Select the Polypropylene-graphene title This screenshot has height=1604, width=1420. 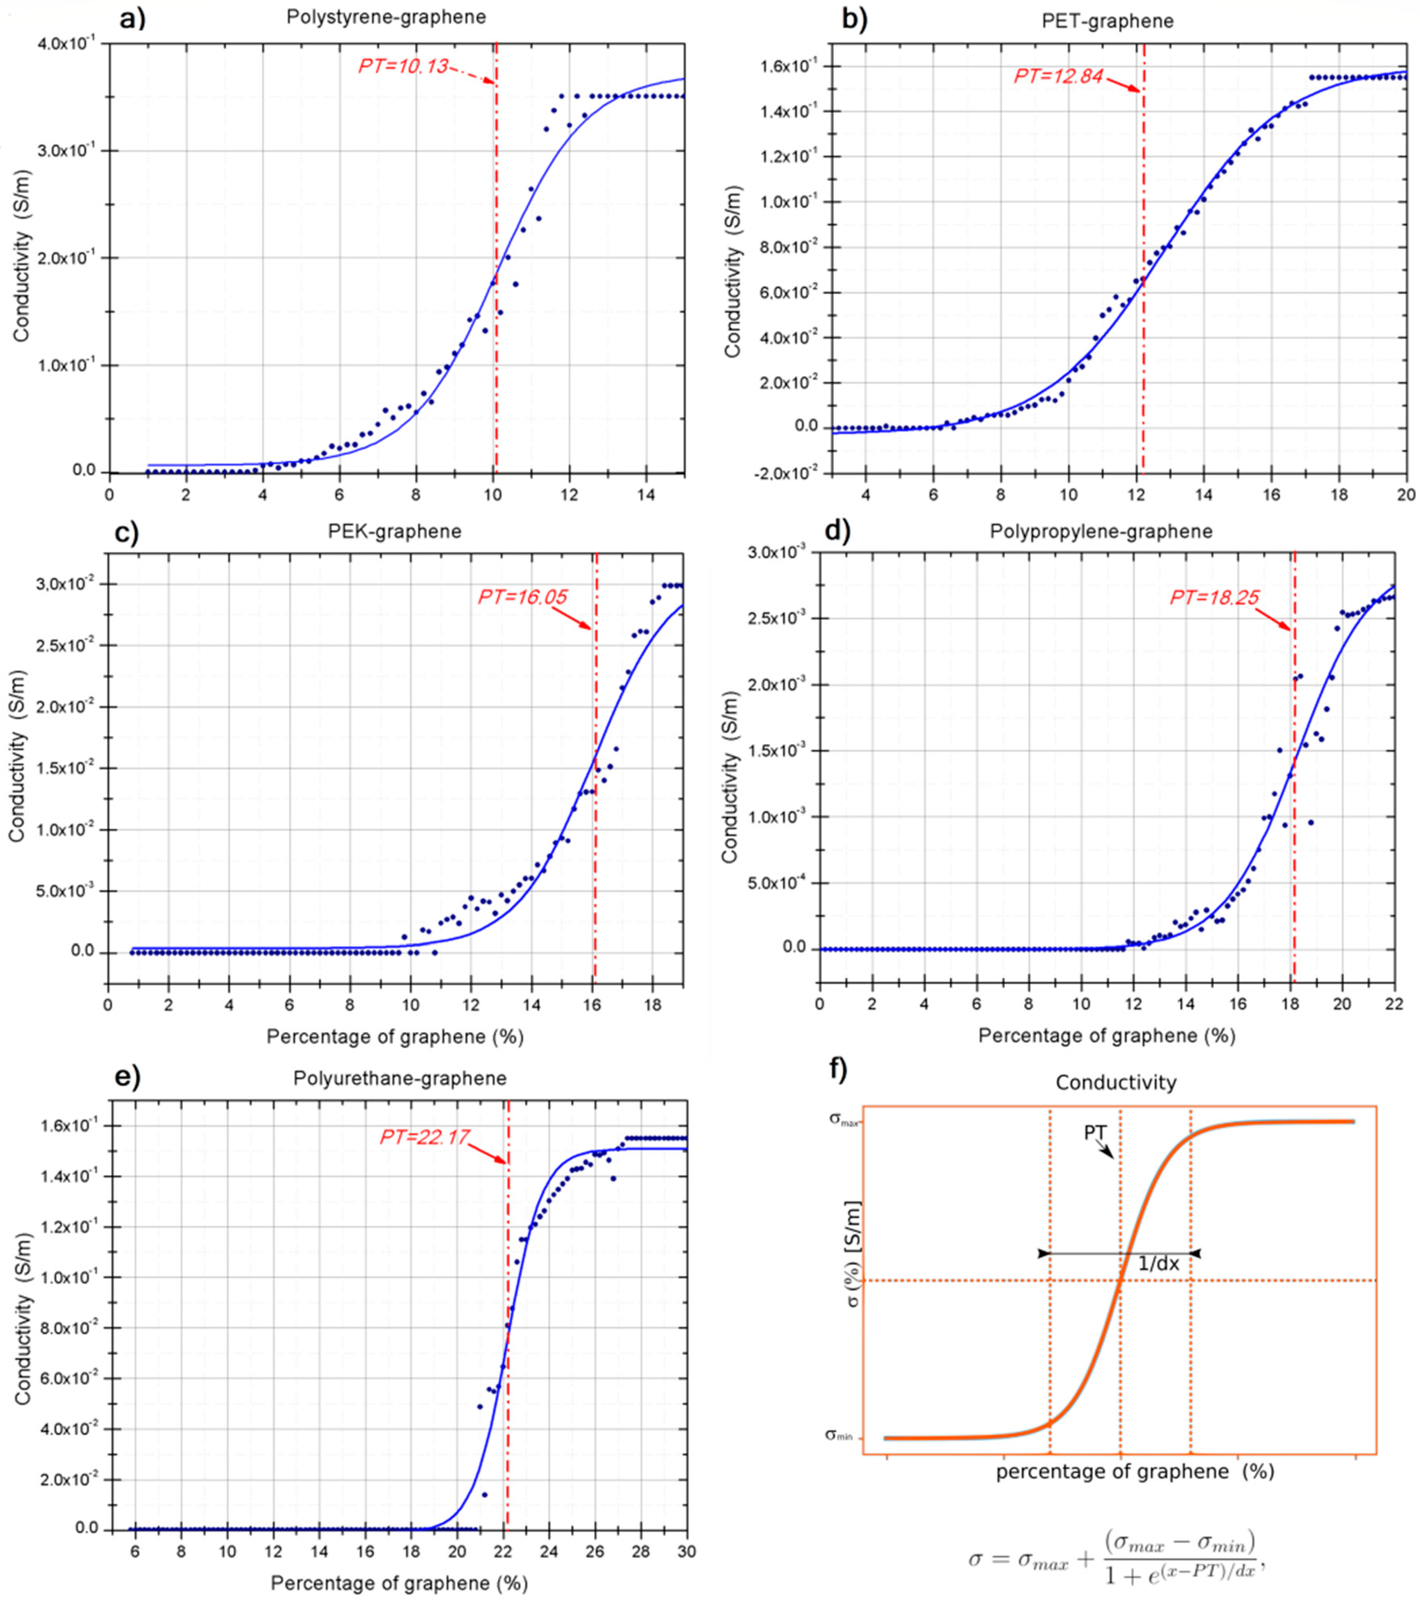click(x=1101, y=531)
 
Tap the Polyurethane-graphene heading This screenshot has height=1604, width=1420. click(x=400, y=1078)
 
